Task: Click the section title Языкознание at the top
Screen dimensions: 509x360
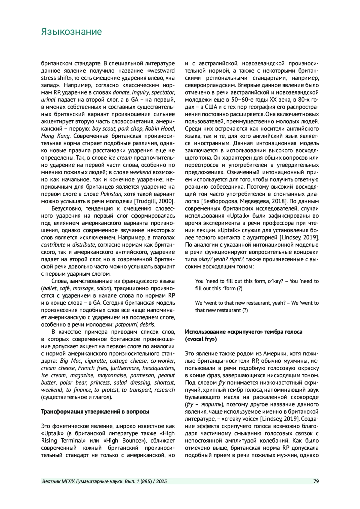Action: click(71, 32)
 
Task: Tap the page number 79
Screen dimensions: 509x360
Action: click(316, 481)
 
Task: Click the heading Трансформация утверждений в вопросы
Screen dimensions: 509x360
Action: click(95, 412)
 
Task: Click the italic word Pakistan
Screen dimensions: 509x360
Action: click(111, 194)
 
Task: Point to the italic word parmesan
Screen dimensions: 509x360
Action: click(142, 375)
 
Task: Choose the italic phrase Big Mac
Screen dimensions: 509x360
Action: click(70, 361)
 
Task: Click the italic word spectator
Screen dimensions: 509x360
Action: click(163, 92)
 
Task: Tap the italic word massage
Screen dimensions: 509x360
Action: click(83, 289)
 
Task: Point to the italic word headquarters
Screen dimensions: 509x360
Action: click(158, 368)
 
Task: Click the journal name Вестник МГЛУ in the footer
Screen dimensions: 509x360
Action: click(58, 481)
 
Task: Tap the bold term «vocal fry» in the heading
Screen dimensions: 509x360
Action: click(201, 339)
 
